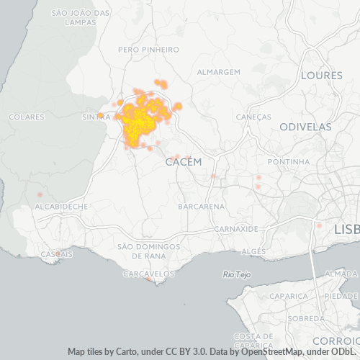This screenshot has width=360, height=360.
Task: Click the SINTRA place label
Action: click(96, 117)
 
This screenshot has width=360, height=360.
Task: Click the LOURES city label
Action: click(322, 75)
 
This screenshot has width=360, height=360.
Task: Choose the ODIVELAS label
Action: click(306, 127)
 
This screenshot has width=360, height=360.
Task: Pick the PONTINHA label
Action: click(288, 162)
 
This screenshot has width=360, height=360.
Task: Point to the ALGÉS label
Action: click(253, 251)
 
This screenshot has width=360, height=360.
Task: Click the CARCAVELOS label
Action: click(149, 274)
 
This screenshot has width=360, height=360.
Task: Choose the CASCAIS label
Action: click(56, 254)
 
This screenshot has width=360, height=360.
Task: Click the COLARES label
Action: click(27, 117)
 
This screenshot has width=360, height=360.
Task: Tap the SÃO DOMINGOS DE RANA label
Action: click(148, 251)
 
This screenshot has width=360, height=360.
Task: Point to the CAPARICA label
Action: click(289, 296)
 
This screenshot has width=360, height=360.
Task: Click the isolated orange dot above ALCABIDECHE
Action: click(40, 195)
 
